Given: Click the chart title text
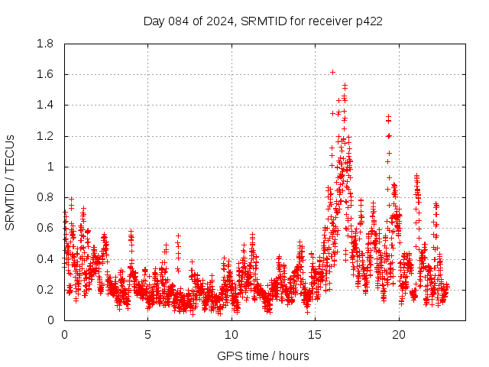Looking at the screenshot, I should click(x=263, y=21).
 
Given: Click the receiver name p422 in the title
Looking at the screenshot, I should click(x=368, y=21).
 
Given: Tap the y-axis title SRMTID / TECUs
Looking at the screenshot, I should click(x=11, y=182).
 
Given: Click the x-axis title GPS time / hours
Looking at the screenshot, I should click(x=263, y=356).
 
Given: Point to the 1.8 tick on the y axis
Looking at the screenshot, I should click(x=45, y=44).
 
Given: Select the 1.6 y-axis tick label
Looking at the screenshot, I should click(x=45, y=74).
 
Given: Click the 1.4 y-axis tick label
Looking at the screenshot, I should click(x=45, y=105).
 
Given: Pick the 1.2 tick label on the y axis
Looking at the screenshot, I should click(x=45, y=136).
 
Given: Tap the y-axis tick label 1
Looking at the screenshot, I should click(x=50, y=167).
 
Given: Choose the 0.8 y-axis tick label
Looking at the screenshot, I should click(x=45, y=197).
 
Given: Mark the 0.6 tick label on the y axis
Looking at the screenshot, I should click(x=45, y=228).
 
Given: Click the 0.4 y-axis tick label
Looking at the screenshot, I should click(x=45, y=259).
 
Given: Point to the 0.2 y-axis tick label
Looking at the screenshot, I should click(x=45, y=290).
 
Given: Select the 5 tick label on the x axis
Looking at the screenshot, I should click(x=147, y=334).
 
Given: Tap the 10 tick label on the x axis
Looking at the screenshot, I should click(x=232, y=334).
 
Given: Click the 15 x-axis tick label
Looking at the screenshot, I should click(x=315, y=334).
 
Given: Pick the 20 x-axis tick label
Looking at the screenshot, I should click(x=399, y=334).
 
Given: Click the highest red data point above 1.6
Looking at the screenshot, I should click(x=332, y=72).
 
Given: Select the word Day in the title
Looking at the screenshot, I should click(x=154, y=21).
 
